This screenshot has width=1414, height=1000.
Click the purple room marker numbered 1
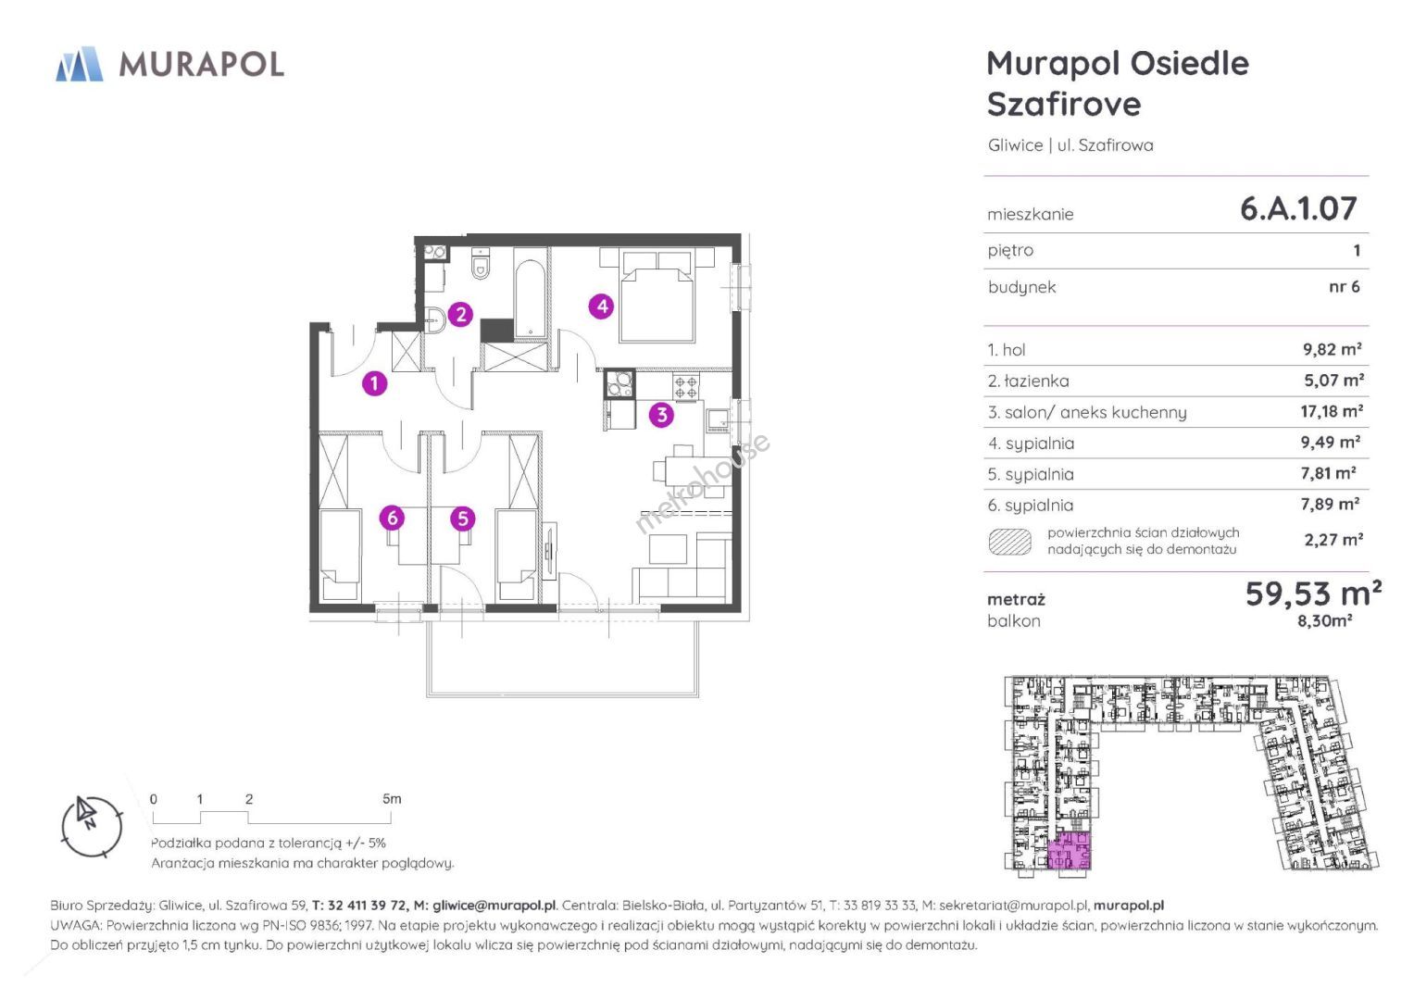[374, 383]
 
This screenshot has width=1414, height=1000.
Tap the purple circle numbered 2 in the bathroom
[461, 314]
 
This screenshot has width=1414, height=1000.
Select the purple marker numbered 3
[661, 415]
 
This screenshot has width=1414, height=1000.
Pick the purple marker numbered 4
[601, 306]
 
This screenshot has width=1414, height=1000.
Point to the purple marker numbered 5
[463, 519]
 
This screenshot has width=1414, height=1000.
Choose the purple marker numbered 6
[392, 518]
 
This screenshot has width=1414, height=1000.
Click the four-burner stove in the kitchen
[685, 386]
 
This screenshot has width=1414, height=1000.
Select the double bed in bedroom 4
[657, 295]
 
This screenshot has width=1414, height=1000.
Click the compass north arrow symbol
[86, 812]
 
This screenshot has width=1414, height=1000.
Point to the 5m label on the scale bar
[392, 798]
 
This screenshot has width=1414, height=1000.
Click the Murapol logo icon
[80, 64]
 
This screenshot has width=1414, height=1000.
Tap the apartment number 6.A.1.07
[1298, 208]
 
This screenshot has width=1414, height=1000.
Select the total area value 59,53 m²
[1313, 594]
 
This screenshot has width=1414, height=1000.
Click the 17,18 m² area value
[1332, 412]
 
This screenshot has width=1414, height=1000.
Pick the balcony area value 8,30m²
[1324, 620]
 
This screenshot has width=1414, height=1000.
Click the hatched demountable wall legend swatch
[1010, 541]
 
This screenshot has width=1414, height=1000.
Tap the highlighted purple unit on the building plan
[1070, 851]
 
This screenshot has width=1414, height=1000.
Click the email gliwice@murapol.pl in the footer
[494, 906]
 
